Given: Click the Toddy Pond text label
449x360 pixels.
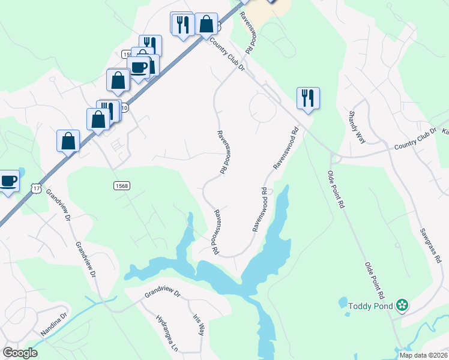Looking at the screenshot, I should coord(370,306).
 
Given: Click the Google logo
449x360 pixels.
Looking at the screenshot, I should coord(20,353).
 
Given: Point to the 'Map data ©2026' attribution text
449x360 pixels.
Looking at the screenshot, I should coord(423,355).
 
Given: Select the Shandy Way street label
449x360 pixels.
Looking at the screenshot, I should coord(358,127).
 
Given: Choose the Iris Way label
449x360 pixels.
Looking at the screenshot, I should coord(199,325).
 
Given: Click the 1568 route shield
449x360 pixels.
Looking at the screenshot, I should coord(121,186).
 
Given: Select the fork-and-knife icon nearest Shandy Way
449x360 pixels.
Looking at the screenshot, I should coord(308,98).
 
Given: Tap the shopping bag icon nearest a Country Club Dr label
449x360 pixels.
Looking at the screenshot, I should coord(206,25).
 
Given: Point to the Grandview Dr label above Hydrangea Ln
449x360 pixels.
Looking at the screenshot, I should coord(162,294).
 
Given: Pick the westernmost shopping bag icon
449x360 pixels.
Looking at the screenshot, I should coord(68,141).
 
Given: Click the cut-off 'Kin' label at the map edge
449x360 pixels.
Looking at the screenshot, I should coord(445,130).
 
